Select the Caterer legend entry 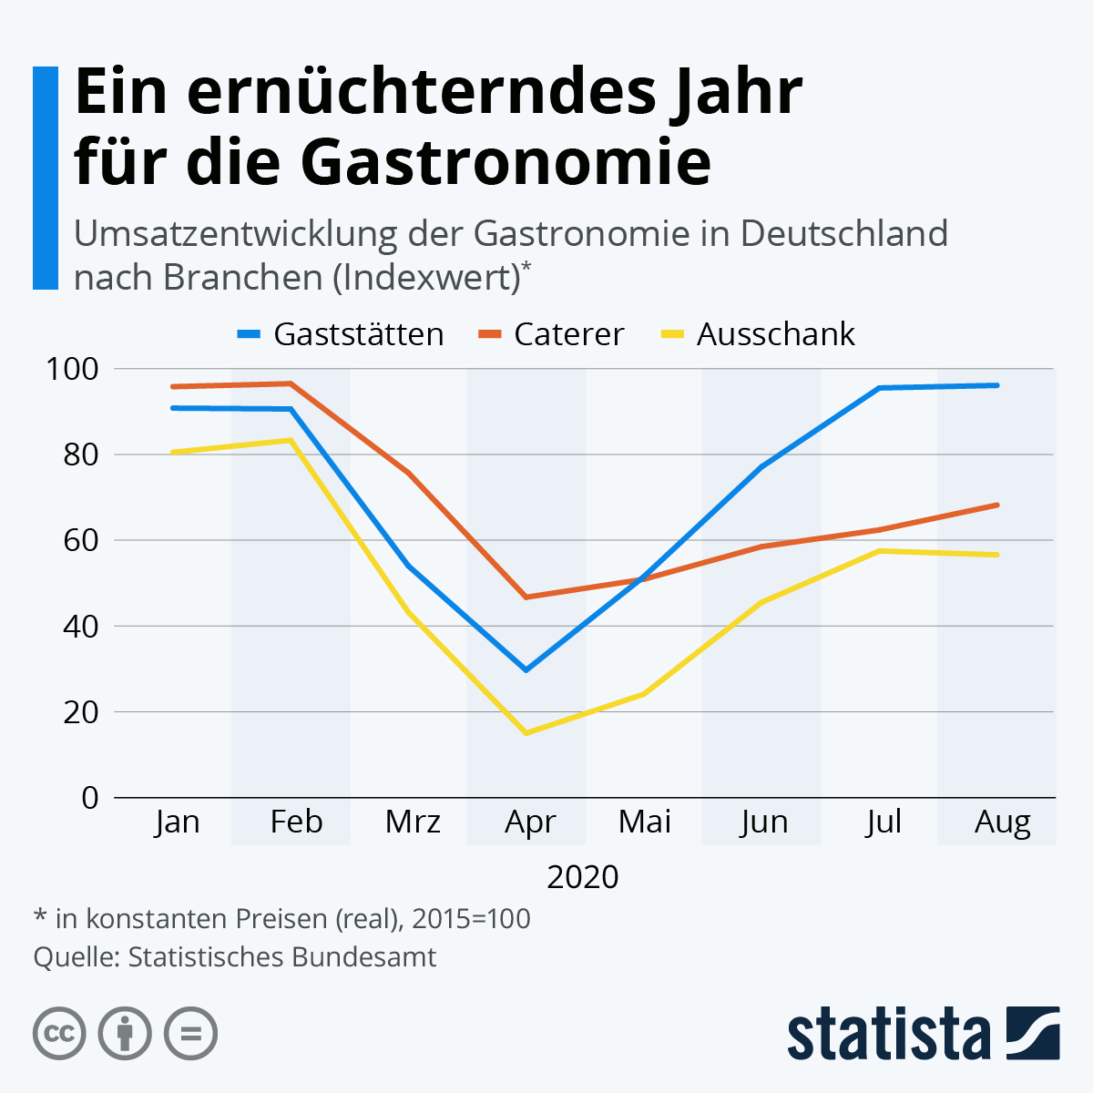[552, 334]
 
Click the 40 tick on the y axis [80, 627]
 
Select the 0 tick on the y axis [89, 798]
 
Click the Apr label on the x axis [529, 822]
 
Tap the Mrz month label [413, 822]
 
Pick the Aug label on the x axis [1002, 822]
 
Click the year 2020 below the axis [583, 876]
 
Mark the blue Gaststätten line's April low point [526, 670]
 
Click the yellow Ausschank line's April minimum [526, 733]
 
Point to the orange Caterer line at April [526, 598]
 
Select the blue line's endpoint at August [997, 385]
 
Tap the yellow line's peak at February [291, 440]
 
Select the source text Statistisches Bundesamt [281, 957]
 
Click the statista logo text [889, 1035]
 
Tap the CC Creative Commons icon [59, 1034]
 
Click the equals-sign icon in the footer [190, 1034]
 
